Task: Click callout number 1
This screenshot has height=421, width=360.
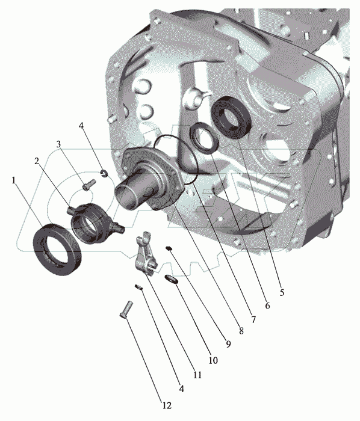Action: (x=14, y=180)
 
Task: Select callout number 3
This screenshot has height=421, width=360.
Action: (x=58, y=144)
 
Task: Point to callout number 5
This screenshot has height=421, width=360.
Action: (x=282, y=292)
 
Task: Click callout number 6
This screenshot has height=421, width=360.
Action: (x=267, y=306)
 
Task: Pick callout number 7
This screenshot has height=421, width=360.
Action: (x=253, y=319)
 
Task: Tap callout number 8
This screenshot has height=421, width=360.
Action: (x=241, y=331)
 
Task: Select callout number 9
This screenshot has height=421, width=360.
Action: (x=228, y=344)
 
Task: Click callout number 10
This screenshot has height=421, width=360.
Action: (x=213, y=360)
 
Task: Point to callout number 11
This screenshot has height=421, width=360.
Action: (x=197, y=375)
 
